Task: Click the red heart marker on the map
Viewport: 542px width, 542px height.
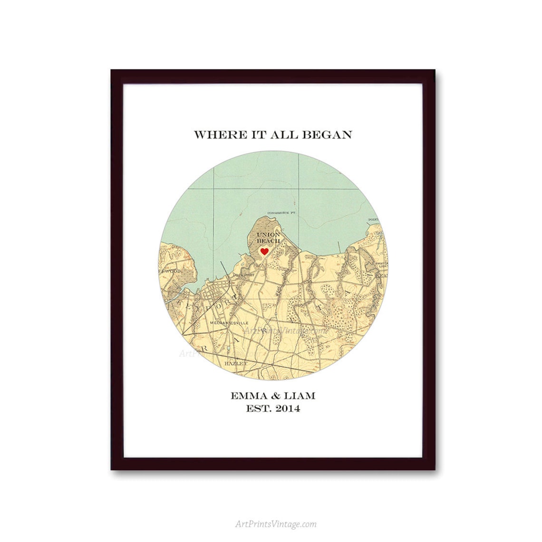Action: click(x=264, y=251)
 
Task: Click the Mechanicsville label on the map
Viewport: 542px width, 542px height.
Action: click(x=226, y=323)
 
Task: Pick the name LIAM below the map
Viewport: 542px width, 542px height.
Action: click(x=298, y=396)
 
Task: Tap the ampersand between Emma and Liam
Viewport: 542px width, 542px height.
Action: click(x=273, y=396)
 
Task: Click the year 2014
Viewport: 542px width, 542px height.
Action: click(x=285, y=408)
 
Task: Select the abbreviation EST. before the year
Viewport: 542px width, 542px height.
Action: click(x=257, y=408)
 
